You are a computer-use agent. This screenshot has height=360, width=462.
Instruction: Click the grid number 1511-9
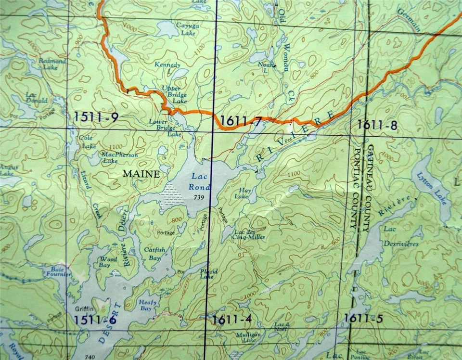tap(96, 116)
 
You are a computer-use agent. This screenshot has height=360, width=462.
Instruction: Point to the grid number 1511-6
tap(96, 319)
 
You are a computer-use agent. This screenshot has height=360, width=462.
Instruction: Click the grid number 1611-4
tap(232, 318)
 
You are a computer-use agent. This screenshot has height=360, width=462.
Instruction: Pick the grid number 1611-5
tap(364, 318)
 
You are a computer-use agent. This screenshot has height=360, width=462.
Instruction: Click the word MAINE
tap(141, 174)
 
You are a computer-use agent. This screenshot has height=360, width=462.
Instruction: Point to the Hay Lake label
tap(242, 193)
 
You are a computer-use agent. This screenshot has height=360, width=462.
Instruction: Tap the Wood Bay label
tap(108, 262)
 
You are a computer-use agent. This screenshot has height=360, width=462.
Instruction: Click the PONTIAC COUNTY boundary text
tap(357, 188)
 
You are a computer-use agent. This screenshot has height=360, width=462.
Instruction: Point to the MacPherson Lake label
tap(113, 157)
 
